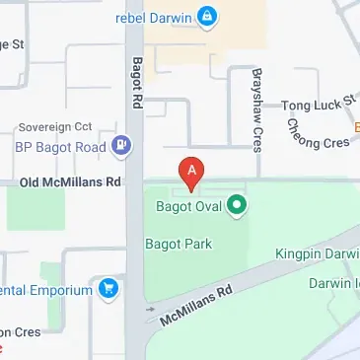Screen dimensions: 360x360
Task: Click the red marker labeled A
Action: [190, 172]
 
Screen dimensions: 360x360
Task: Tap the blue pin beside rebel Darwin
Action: [207, 16]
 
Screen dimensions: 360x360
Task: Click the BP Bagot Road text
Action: [59, 148]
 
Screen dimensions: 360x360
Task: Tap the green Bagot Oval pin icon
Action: [236, 206]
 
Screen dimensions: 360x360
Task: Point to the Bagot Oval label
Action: [189, 206]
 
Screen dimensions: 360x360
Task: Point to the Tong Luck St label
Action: [318, 104]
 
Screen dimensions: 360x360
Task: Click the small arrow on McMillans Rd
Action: [150, 310]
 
